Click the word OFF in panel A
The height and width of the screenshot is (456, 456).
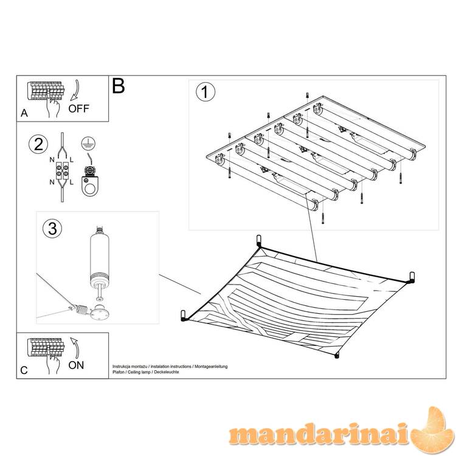click(78, 108)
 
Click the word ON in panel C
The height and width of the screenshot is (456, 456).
click(76, 365)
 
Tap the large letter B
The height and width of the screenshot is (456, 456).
click(119, 86)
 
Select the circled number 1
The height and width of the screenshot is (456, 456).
click(206, 92)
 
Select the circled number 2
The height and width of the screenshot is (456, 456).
click(38, 145)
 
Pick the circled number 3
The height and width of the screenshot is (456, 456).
click(52, 228)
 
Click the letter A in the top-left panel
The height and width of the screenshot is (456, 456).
click(24, 113)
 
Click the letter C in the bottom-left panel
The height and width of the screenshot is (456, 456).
click(24, 370)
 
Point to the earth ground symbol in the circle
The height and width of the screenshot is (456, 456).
click(88, 142)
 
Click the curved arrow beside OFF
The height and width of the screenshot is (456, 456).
click(75, 90)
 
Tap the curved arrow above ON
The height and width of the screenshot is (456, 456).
click(75, 348)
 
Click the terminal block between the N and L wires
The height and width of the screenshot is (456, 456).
click(62, 170)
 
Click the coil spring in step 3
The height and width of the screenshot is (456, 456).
click(81, 309)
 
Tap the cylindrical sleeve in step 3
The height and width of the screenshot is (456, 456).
click(100, 258)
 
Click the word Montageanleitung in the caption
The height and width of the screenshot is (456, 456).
click(211, 367)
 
